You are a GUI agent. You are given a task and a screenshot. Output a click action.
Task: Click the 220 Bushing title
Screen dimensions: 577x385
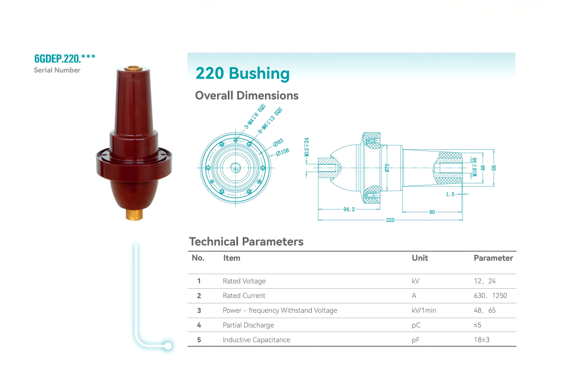[x=242, y=74]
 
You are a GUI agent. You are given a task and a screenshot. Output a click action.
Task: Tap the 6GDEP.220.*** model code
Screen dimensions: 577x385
[x=65, y=59]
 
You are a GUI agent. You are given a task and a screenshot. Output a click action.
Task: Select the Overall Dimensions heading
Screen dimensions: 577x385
[x=247, y=95]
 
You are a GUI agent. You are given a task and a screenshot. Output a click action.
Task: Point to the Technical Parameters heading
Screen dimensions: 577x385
[x=246, y=242]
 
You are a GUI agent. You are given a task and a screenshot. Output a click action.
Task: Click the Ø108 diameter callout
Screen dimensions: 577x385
[x=283, y=152]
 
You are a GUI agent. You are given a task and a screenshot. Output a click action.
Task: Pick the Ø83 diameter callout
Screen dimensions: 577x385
[x=278, y=142]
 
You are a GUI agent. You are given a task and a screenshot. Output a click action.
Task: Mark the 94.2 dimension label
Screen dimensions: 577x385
[x=349, y=209]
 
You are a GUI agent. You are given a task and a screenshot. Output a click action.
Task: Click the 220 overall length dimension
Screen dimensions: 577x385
[x=390, y=220]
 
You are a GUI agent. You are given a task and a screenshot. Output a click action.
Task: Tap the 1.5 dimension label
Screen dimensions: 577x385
[x=450, y=194]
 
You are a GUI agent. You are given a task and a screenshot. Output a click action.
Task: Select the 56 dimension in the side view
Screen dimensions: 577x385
[x=494, y=168]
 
